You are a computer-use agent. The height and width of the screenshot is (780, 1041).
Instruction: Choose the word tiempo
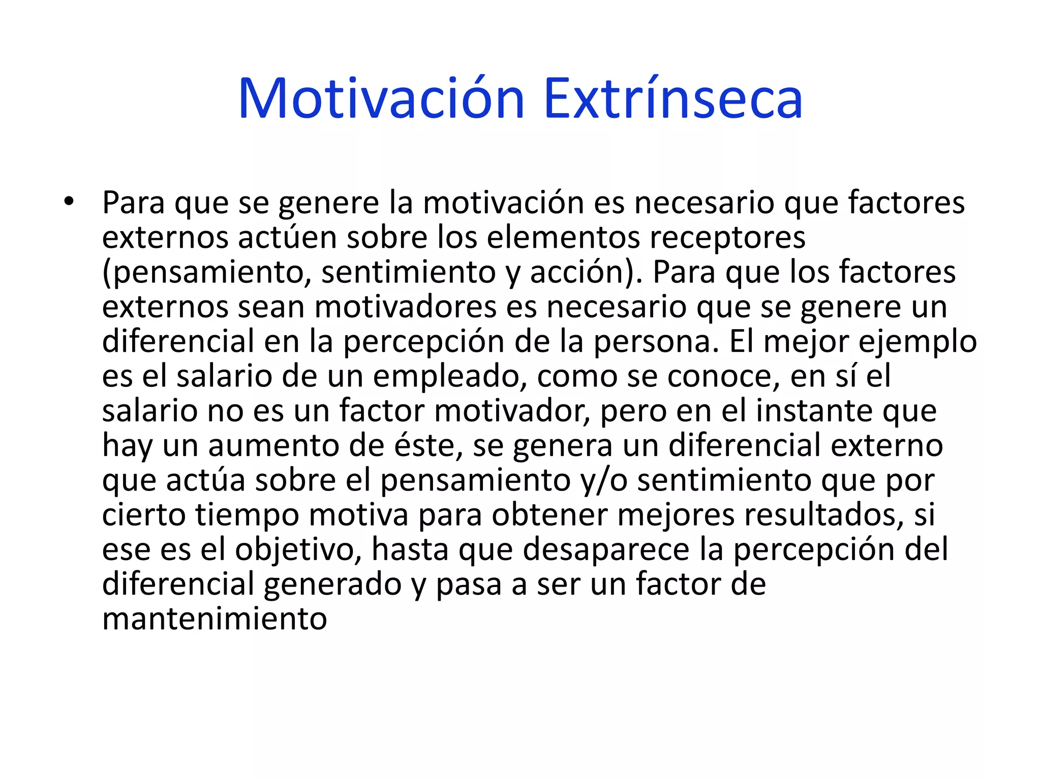click(248, 515)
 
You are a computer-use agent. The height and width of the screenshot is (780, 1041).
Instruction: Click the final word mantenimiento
click(215, 619)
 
